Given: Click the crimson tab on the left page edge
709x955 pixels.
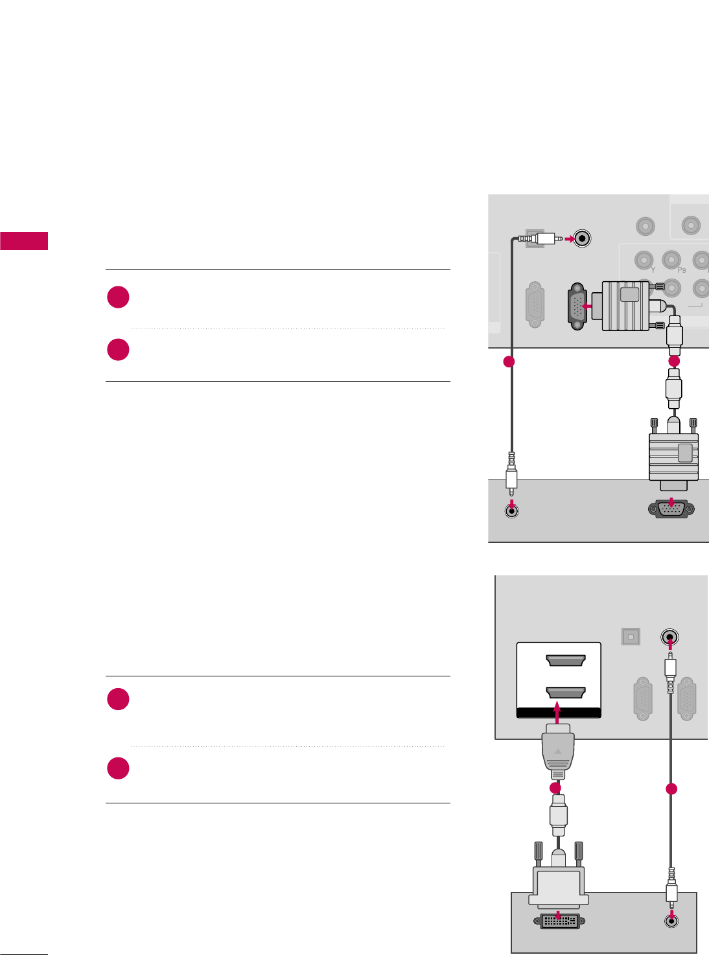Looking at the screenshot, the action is click(24, 240).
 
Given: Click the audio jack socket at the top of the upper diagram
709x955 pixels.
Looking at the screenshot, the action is click(583, 238).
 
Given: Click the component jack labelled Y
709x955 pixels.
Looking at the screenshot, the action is click(644, 260).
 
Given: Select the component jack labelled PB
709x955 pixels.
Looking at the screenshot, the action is click(671, 260).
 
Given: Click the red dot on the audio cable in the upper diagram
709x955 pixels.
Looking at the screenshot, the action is click(509, 362).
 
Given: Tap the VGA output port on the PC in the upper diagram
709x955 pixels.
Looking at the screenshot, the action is click(671, 511).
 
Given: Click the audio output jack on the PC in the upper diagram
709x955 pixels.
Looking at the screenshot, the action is click(512, 511).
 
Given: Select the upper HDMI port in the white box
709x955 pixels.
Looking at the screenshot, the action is click(566, 661).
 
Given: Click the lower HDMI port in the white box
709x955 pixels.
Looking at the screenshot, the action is click(566, 693).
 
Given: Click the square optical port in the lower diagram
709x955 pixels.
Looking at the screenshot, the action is click(631, 637).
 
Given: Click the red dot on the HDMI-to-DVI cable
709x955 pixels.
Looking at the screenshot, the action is click(555, 788).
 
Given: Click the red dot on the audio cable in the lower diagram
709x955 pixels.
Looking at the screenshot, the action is click(671, 788).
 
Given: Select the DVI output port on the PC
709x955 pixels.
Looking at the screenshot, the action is click(559, 920).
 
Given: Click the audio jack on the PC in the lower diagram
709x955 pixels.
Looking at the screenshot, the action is click(671, 920).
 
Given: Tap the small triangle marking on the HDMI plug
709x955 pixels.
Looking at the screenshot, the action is click(557, 752).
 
